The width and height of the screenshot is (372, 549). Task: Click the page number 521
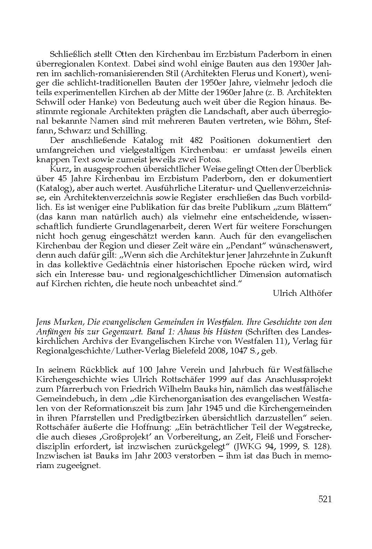tap(324, 499)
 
